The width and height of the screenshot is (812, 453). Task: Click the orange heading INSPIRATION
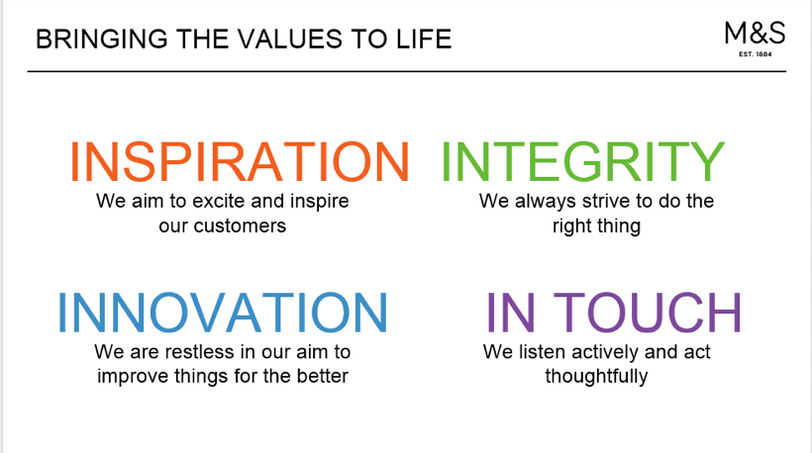240,162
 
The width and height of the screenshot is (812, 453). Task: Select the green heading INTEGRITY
582,162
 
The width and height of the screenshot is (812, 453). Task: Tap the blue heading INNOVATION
223,313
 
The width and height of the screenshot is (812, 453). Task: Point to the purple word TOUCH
648,313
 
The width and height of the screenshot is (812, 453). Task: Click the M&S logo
755,34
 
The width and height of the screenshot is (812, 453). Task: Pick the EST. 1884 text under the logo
755,53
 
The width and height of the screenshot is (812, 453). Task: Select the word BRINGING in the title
102,40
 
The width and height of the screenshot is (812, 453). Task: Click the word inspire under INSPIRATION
320,202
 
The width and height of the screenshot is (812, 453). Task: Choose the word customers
240,226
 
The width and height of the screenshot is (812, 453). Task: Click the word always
545,202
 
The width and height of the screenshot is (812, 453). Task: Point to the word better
323,376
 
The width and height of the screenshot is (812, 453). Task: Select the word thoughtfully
596,377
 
